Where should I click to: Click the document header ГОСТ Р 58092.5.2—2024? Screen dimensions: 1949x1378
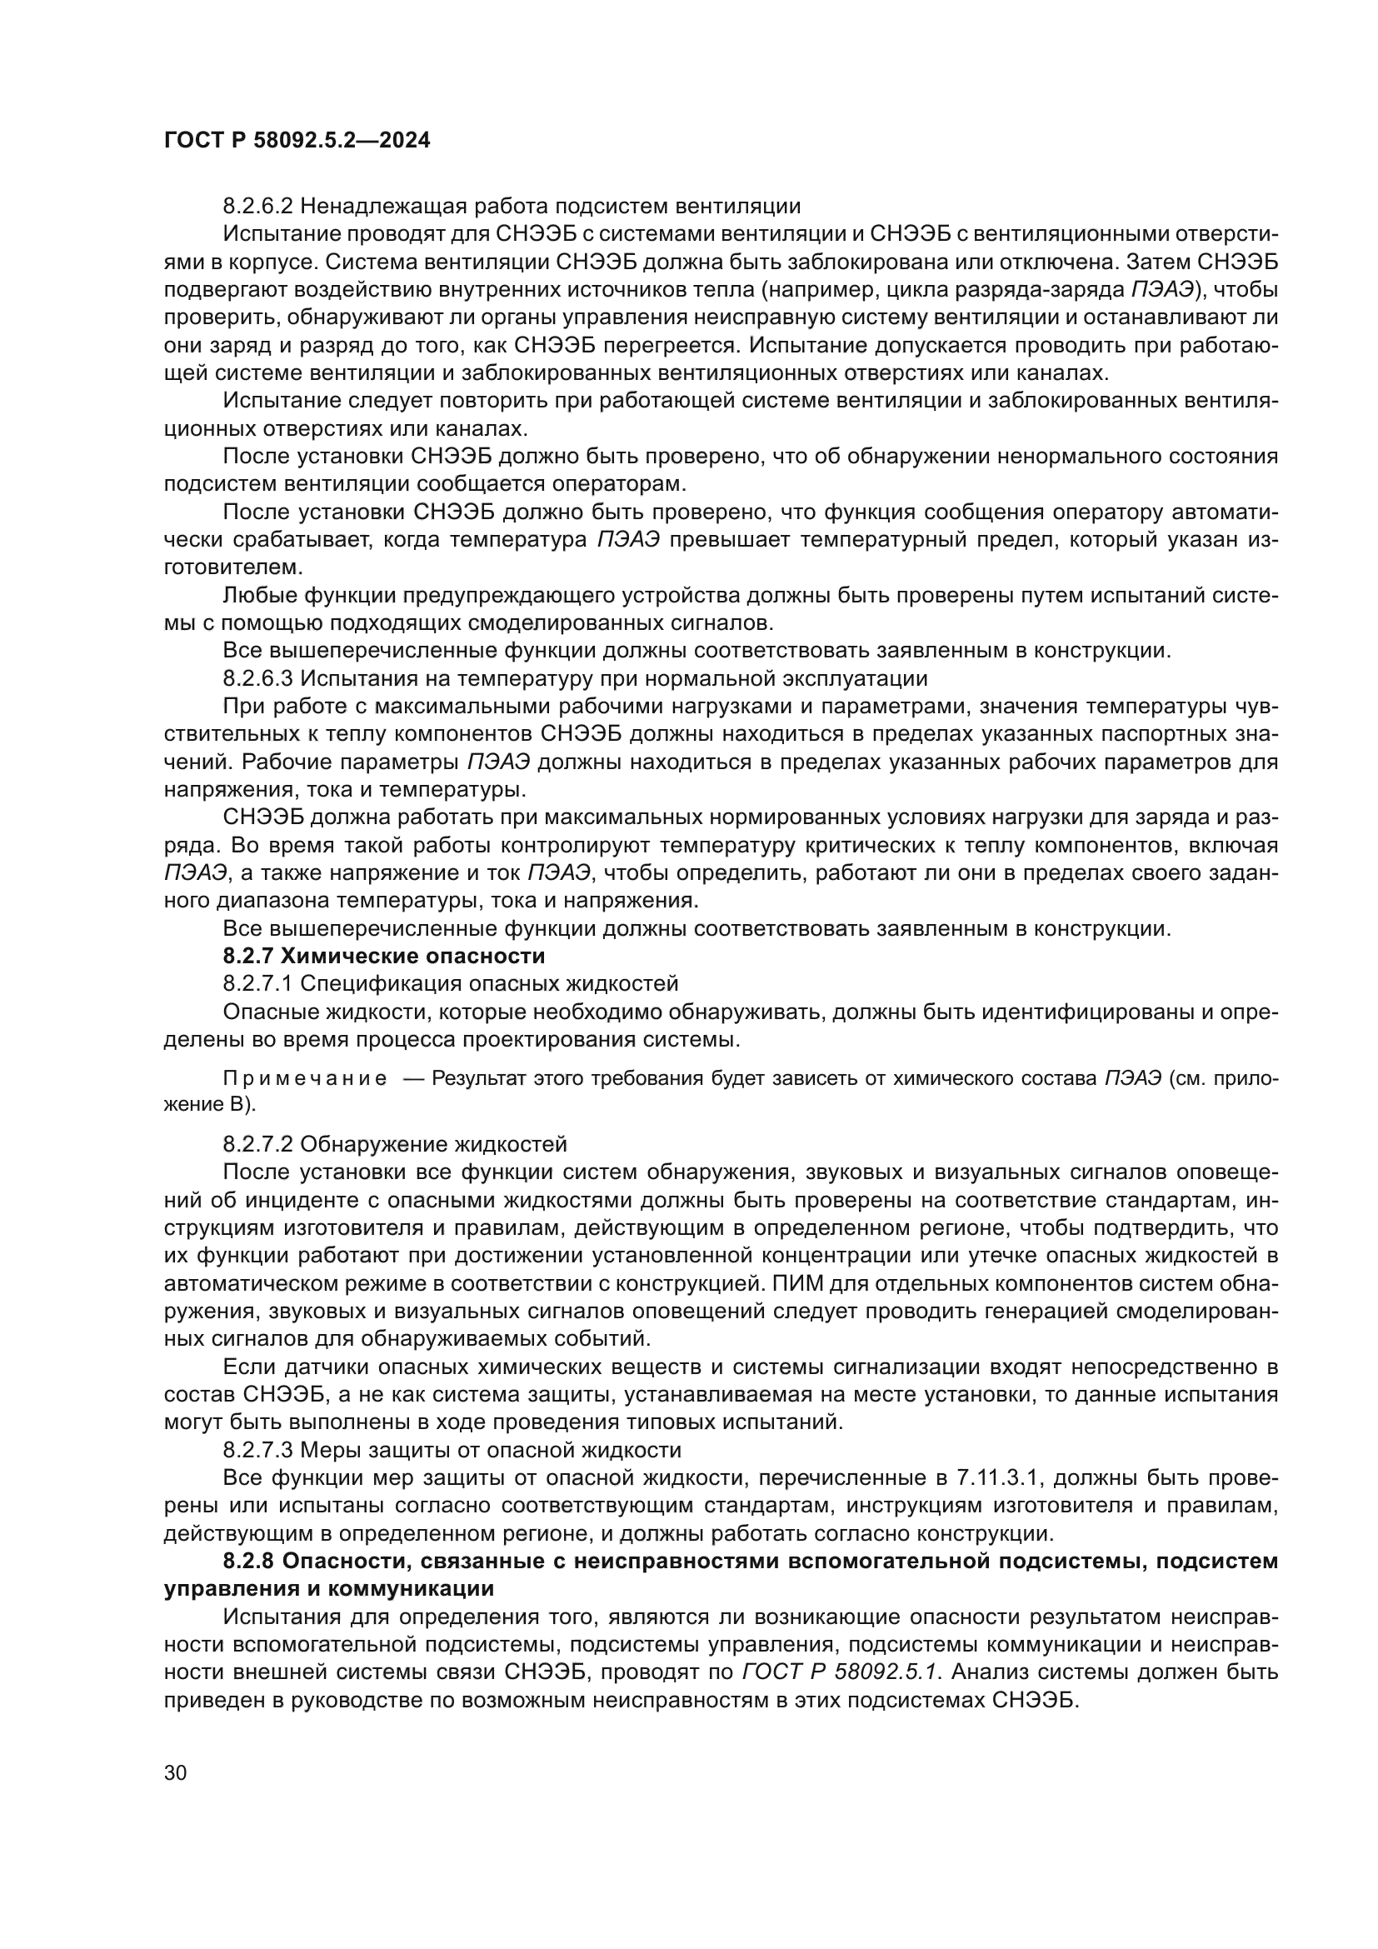point(297,141)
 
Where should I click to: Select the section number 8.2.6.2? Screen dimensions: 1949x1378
point(258,206)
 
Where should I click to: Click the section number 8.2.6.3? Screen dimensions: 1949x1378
point(258,678)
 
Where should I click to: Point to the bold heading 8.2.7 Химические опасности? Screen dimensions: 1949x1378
point(383,956)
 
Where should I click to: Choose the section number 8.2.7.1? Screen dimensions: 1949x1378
point(258,984)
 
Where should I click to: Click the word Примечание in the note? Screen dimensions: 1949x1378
point(305,1079)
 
